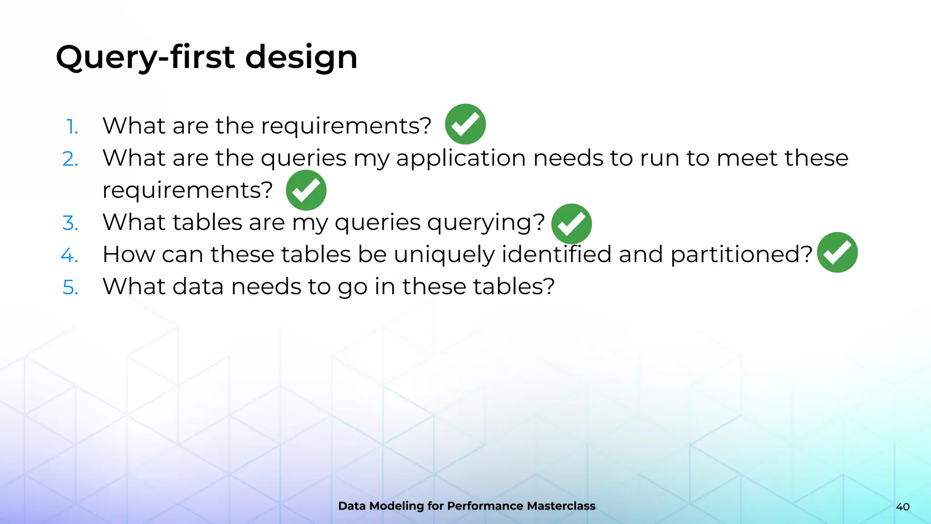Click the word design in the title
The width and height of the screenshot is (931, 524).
click(x=301, y=58)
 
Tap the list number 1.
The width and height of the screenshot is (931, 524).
click(x=72, y=126)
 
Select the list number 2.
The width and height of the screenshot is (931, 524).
click(x=70, y=159)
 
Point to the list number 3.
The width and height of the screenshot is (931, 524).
click(x=70, y=223)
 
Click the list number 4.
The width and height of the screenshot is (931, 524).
click(x=70, y=255)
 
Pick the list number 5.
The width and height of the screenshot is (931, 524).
click(x=70, y=287)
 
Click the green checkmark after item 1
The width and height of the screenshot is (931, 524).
click(x=465, y=124)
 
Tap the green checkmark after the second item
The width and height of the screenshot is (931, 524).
click(x=306, y=190)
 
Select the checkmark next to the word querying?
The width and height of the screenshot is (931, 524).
click(x=571, y=224)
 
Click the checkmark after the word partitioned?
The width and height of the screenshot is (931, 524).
click(x=837, y=252)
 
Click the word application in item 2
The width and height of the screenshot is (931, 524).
click(x=461, y=158)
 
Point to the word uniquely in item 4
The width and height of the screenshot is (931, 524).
click(x=444, y=255)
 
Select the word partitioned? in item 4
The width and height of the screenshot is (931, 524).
click(x=741, y=255)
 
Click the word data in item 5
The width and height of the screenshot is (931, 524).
click(x=197, y=287)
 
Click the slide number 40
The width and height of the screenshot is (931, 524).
click(x=903, y=507)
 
